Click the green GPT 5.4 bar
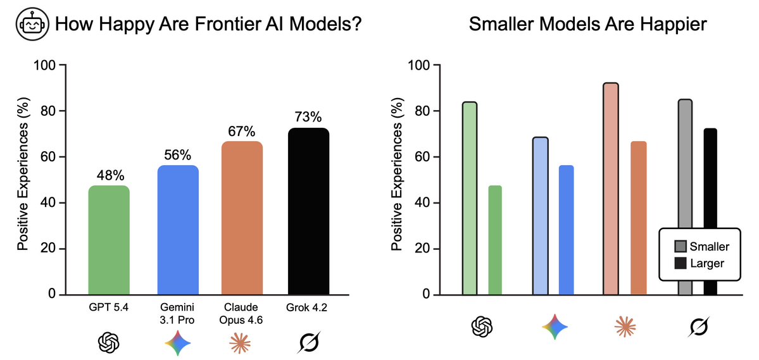tap(109, 240)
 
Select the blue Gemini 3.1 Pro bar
tap(178, 230)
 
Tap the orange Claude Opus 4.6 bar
tap(242, 218)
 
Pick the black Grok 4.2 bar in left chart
tap(308, 211)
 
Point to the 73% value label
tap(309, 118)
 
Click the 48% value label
tap(109, 175)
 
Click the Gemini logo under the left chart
tap(177, 342)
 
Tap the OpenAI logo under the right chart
tap(482, 326)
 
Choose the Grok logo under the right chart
tap(698, 326)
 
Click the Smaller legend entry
tap(701, 247)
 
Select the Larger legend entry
tap(699, 263)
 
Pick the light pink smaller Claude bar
tap(611, 189)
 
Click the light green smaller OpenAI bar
tap(470, 199)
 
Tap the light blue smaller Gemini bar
tap(540, 216)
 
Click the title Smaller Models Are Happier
tap(587, 23)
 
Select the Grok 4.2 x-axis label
tap(308, 307)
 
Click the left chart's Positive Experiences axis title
tap(23, 180)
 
